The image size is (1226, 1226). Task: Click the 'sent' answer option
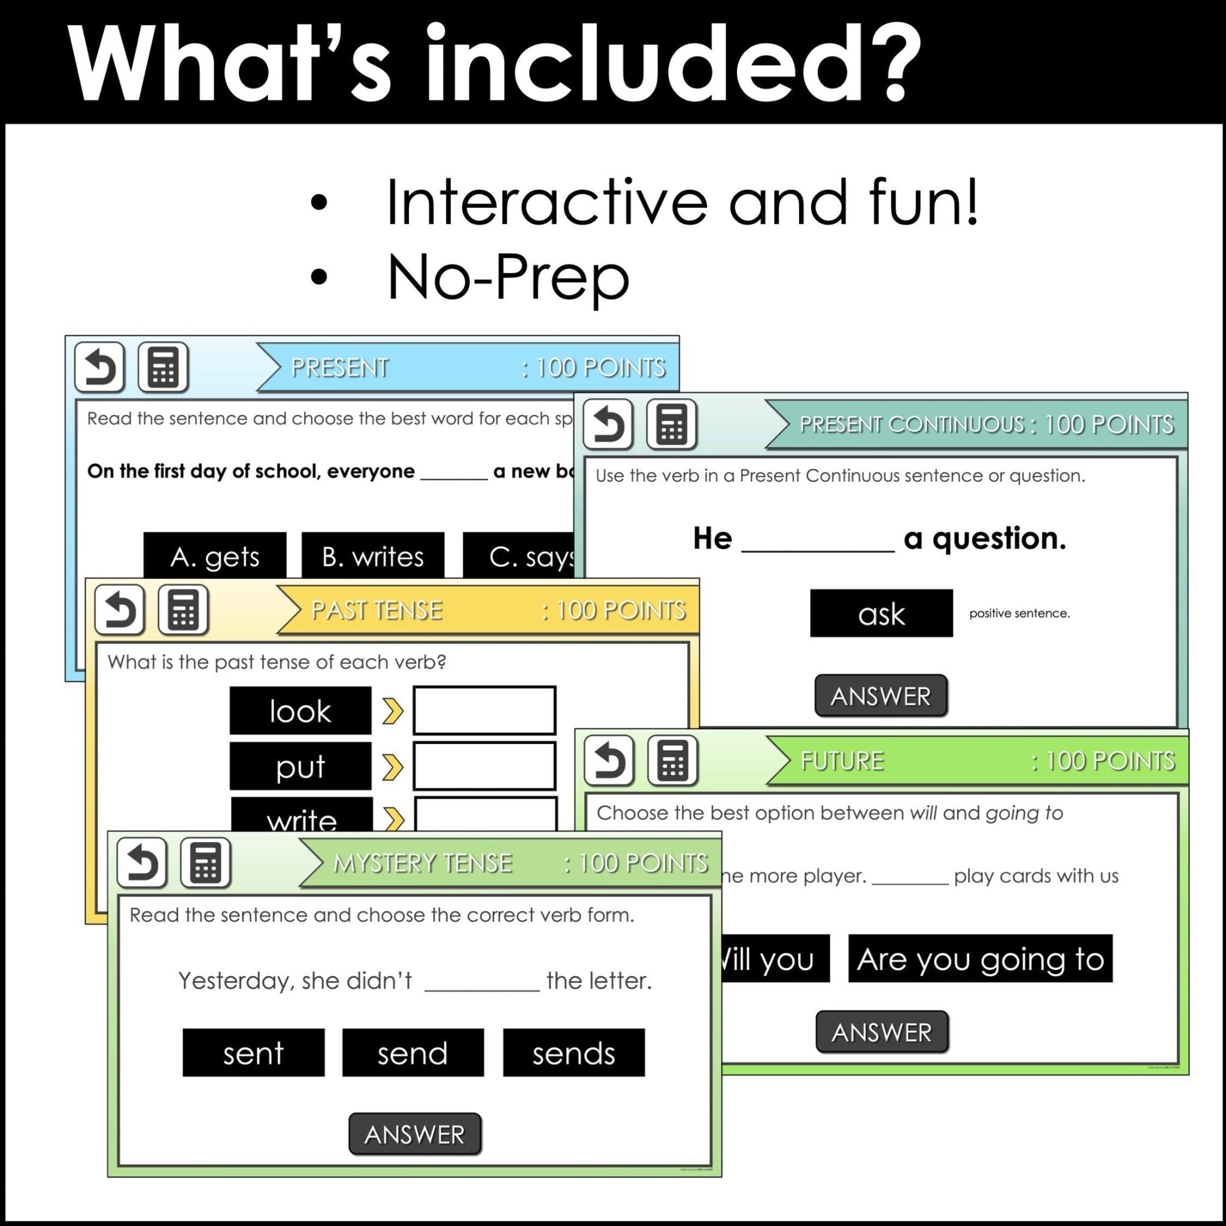pyautogui.click(x=253, y=1053)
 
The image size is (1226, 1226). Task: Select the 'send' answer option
pyautogui.click(x=413, y=1053)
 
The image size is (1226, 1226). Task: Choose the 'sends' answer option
pyautogui.click(x=573, y=1053)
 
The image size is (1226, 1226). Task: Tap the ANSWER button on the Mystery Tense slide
pyautogui.click(x=414, y=1134)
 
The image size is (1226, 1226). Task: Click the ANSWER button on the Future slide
pyautogui.click(x=881, y=1032)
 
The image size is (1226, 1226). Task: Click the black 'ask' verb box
pyautogui.click(x=881, y=613)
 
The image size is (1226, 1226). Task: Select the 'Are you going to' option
pyautogui.click(x=980, y=958)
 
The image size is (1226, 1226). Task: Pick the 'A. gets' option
pyautogui.click(x=214, y=556)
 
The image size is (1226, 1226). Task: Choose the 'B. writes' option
pyautogui.click(x=372, y=556)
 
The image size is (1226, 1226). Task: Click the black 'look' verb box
pyautogui.click(x=300, y=711)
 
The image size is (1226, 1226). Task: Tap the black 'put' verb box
pyautogui.click(x=300, y=766)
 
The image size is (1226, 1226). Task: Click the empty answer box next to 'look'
pyautogui.click(x=484, y=711)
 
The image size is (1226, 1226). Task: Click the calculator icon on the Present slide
pyautogui.click(x=163, y=368)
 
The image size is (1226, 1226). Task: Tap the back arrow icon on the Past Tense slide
pyautogui.click(x=119, y=611)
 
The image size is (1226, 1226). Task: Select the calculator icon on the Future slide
pyautogui.click(x=672, y=760)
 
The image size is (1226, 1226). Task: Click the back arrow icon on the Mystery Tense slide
pyautogui.click(x=141, y=863)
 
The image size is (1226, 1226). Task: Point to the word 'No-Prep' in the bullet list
pyautogui.click(x=508, y=277)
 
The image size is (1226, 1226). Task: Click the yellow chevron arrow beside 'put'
pyautogui.click(x=393, y=767)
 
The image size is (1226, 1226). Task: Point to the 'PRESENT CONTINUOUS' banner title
pyautogui.click(x=911, y=424)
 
